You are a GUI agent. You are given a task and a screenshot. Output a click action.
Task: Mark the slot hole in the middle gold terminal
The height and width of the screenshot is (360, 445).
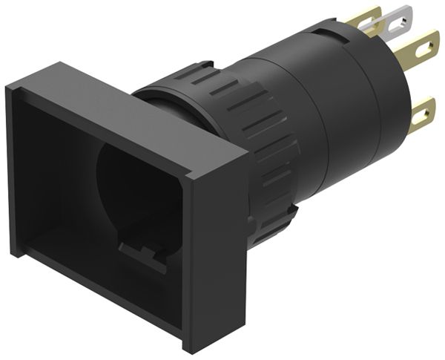tap(425, 49)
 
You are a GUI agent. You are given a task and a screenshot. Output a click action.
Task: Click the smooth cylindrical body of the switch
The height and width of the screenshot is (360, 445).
tap(326, 111)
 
